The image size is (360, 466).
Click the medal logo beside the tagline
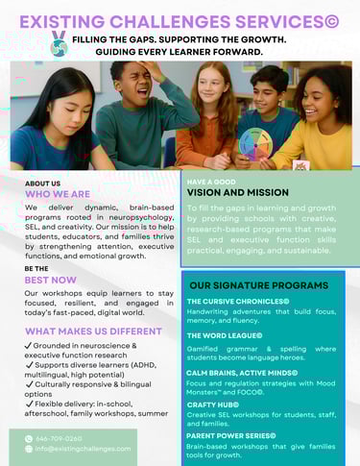[x=59, y=42]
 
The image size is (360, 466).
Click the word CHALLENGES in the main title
[x=182, y=19]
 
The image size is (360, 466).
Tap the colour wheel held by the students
[x=257, y=144]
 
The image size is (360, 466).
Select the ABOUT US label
[x=42, y=184]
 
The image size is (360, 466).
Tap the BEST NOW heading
[x=51, y=280]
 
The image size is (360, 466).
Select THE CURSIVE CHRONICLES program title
[x=238, y=302]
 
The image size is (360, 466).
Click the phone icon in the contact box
[x=29, y=438]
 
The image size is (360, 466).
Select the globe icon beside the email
[x=29, y=449]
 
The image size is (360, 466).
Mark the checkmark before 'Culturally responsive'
[x=29, y=383]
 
